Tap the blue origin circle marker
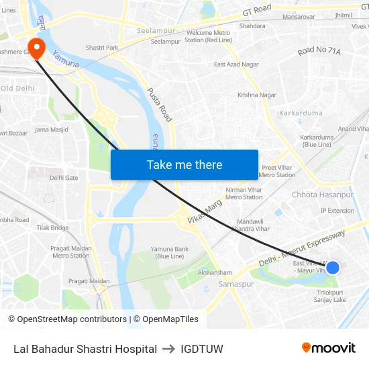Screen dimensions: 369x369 (x=332, y=268)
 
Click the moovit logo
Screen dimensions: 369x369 (x=328, y=348)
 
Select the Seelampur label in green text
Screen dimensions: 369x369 (x=156, y=31)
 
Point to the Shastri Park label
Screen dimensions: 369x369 (x=102, y=48)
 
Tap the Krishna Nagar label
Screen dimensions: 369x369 (x=257, y=95)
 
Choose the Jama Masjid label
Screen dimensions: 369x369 (x=52, y=129)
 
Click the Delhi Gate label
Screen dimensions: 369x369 (x=64, y=178)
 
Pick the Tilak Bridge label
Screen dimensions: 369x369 (x=52, y=228)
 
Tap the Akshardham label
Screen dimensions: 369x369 (x=215, y=272)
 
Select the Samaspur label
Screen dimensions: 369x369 (x=236, y=284)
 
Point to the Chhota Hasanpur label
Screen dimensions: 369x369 (x=322, y=195)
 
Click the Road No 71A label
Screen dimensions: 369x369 (x=320, y=51)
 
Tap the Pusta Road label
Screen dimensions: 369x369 (x=160, y=105)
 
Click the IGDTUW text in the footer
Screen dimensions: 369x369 (x=202, y=349)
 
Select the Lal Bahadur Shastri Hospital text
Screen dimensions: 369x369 (x=85, y=349)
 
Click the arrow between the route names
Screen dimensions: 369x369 (x=168, y=349)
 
